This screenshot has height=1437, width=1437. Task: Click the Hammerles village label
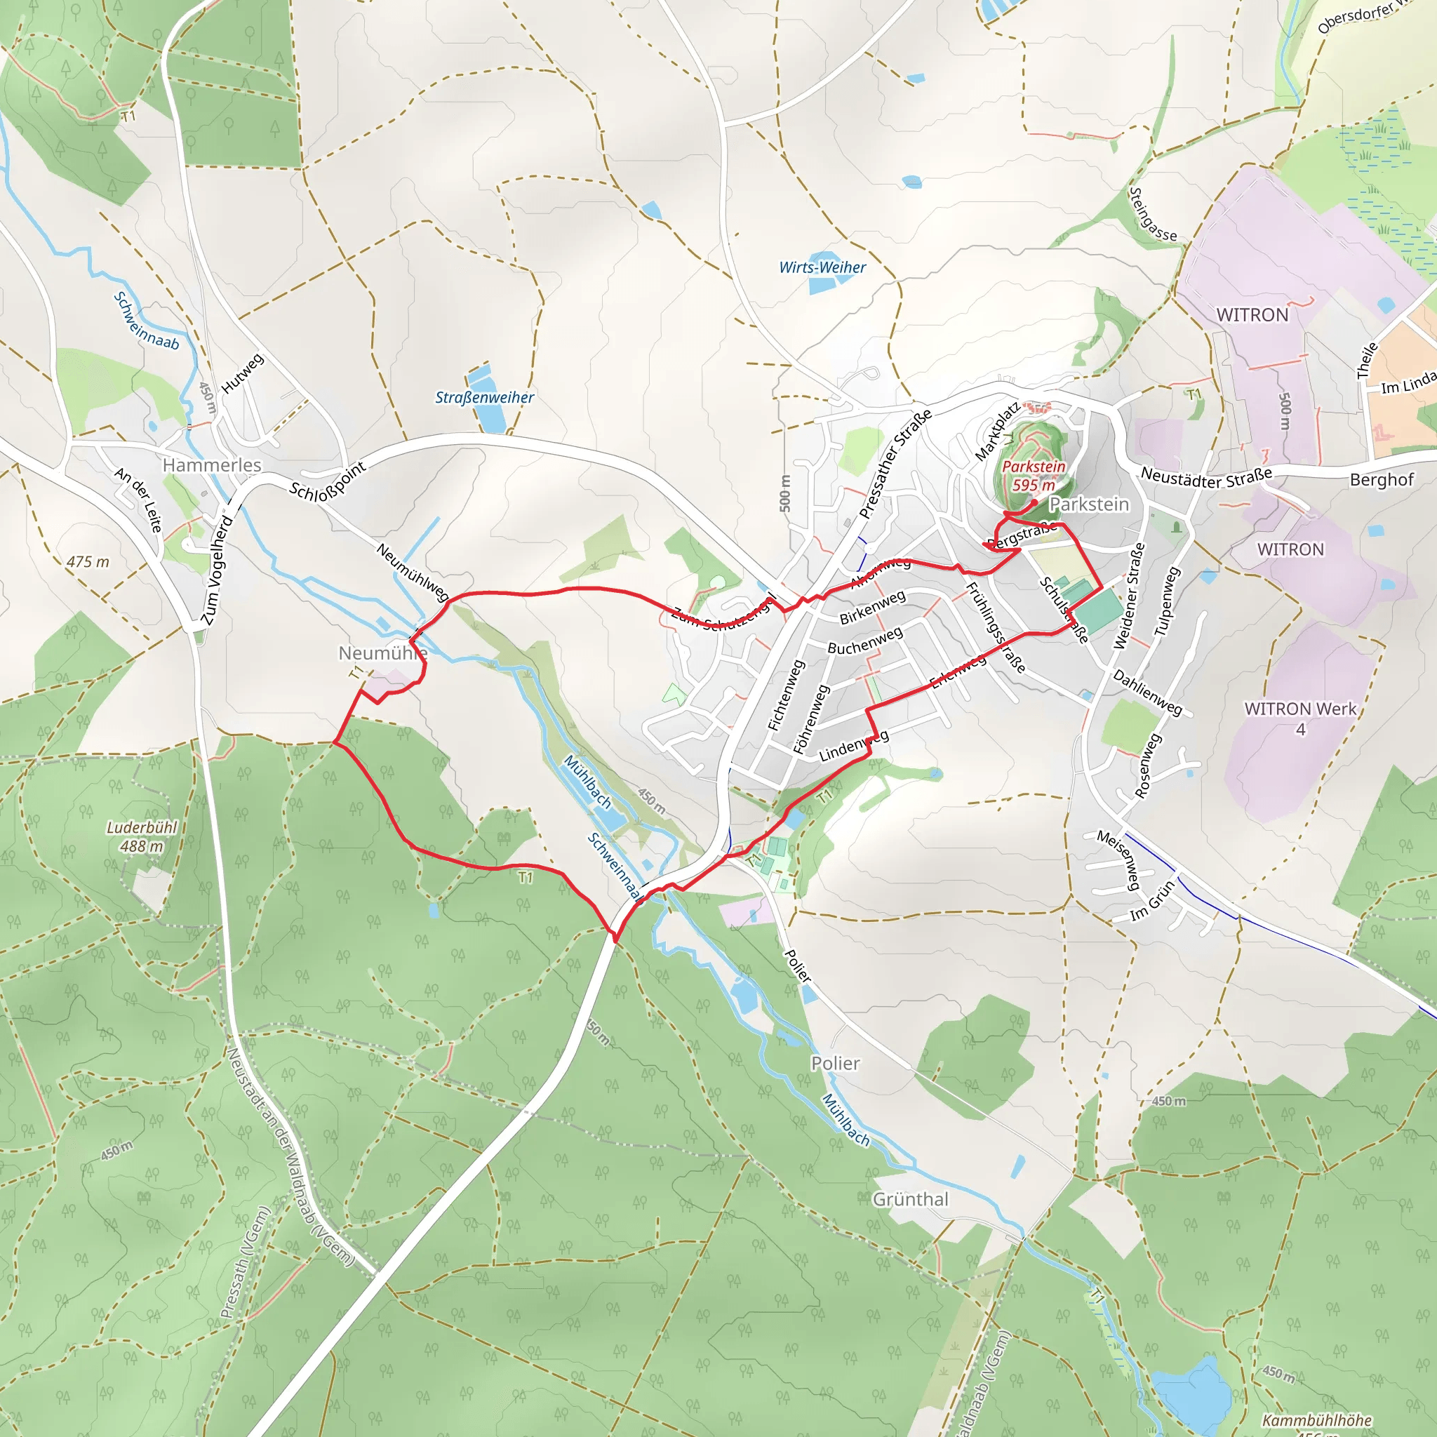pos(212,465)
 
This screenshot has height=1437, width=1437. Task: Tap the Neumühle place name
pos(382,653)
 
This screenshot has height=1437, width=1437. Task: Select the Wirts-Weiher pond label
pos(822,268)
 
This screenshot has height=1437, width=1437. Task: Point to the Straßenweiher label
pos(484,398)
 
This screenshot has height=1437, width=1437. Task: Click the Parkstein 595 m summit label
pos(1033,475)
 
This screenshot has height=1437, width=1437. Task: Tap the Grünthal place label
pos(910,1199)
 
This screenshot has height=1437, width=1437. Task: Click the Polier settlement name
pos(835,1064)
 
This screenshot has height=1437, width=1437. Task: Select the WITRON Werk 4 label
pos(1300,718)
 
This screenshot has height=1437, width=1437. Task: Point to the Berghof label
pos(1381,480)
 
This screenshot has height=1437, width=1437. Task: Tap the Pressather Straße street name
pos(895,464)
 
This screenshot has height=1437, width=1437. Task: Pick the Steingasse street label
pos(1152,215)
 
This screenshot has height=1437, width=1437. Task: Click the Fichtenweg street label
pos(785,696)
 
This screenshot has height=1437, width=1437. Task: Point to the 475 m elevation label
pos(88,562)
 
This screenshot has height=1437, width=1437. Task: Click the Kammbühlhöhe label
pos(1316,1421)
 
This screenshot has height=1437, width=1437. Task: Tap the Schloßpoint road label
pos(327,481)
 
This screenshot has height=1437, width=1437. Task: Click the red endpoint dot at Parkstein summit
pos(1034,503)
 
